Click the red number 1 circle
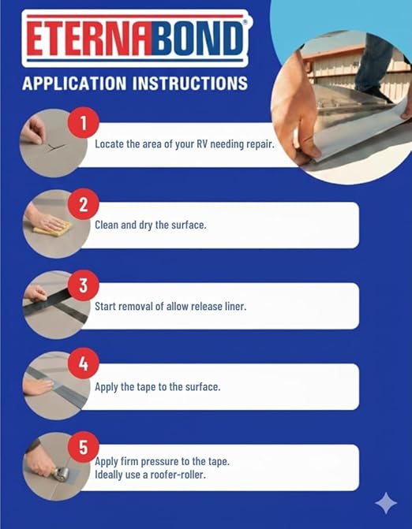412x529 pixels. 84,123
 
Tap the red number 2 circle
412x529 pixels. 84,203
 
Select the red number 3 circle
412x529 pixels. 84,285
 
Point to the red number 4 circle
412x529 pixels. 84,363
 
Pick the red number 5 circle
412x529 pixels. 84,447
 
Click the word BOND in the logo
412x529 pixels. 197,39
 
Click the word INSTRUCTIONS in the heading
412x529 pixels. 189,84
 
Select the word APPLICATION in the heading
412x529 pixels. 74,84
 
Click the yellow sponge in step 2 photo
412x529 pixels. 52,228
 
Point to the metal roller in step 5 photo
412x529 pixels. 62,474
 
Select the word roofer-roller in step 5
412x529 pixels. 178,475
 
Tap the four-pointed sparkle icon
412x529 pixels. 386,503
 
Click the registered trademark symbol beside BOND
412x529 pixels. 245,22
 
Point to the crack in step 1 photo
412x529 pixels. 56,147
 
